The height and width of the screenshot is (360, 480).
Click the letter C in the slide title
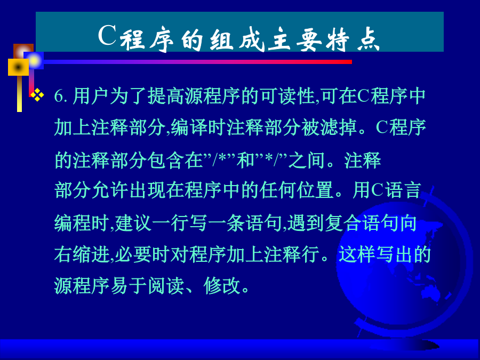coord(107,35)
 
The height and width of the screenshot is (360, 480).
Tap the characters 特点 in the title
coord(353,39)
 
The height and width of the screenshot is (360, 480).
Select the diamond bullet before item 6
coord(37,95)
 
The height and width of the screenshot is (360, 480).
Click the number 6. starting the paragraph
coord(61,96)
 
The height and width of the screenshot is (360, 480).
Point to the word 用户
coord(91,96)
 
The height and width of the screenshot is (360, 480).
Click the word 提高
coord(166,96)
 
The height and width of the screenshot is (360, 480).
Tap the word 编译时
coord(198,127)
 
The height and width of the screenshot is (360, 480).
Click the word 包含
coord(166,160)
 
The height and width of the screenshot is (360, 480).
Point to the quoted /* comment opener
coord(220,159)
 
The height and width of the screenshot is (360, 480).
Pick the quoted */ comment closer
coord(270,159)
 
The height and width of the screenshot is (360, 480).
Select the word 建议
coord(133,223)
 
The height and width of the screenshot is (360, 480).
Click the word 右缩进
coord(82,254)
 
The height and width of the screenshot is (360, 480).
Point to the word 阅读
coord(166,286)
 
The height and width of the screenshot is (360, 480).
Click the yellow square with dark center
coord(18,67)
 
